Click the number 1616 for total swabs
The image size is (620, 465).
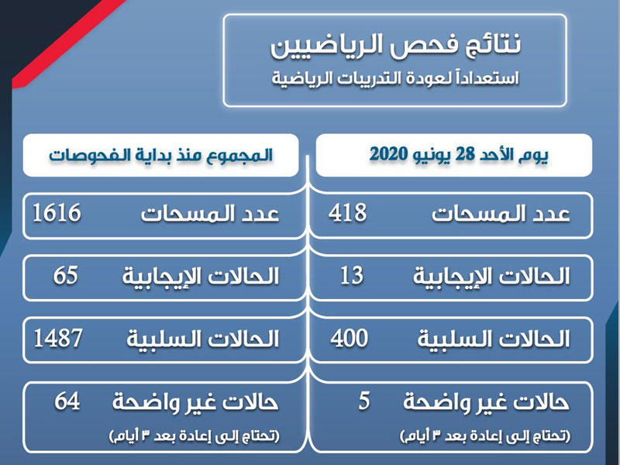click(x=57, y=212)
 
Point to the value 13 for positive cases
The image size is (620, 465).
click(x=351, y=274)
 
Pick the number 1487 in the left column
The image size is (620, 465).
click(x=58, y=337)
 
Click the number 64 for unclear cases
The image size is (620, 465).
click(x=68, y=401)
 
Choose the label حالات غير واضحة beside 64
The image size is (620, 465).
click(x=195, y=402)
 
